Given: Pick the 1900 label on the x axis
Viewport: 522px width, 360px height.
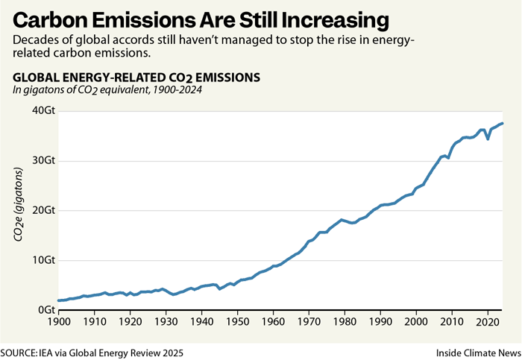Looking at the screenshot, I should tap(58, 323).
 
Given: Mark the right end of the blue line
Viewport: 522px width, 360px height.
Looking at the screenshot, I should tap(503, 123).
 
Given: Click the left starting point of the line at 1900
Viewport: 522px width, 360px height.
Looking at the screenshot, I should tap(58, 300).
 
